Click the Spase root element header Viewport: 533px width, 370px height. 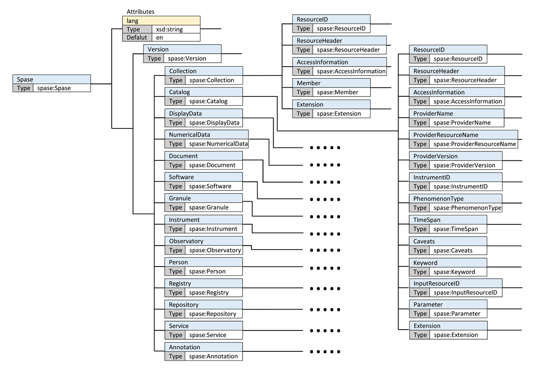point(52,79)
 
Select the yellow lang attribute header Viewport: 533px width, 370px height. point(161,21)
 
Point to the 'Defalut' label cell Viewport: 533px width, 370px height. point(137,37)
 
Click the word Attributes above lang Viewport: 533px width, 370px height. point(140,12)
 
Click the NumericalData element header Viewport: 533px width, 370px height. point(207,135)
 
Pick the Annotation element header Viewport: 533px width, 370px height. point(204,347)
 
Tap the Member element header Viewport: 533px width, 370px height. point(331,83)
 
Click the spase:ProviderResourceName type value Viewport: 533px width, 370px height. point(474,144)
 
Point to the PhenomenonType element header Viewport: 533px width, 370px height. point(456,199)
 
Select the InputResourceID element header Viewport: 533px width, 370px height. point(456,283)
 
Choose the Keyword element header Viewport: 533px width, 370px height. point(448,263)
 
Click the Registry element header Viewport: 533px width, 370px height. point(204,283)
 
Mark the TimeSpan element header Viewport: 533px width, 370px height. point(448,220)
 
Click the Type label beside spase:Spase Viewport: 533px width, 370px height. point(23,88)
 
